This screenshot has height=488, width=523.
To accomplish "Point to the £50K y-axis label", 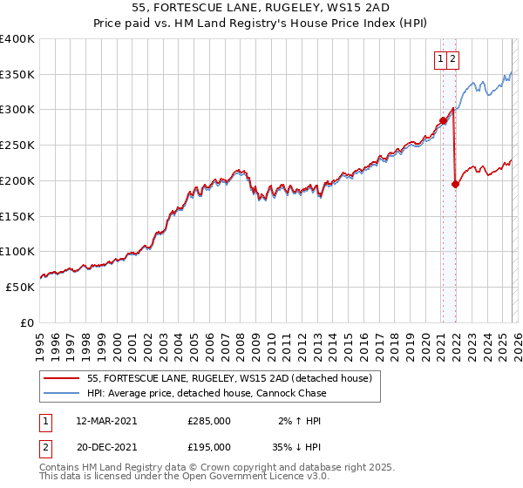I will tap(20, 287).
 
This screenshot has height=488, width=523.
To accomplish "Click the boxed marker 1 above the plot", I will tap(441, 59).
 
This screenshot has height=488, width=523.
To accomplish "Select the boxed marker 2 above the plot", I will tap(454, 59).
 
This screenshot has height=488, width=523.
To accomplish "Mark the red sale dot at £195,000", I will tap(455, 184).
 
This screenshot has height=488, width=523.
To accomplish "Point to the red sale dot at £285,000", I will tap(443, 120).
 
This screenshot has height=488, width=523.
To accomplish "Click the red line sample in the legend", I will tap(62, 378).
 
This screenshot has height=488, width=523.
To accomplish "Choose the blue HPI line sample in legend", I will tap(62, 393).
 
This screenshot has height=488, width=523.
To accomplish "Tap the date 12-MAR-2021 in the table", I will tap(106, 420).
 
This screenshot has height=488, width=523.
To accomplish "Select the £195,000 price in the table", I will tap(209, 446).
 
